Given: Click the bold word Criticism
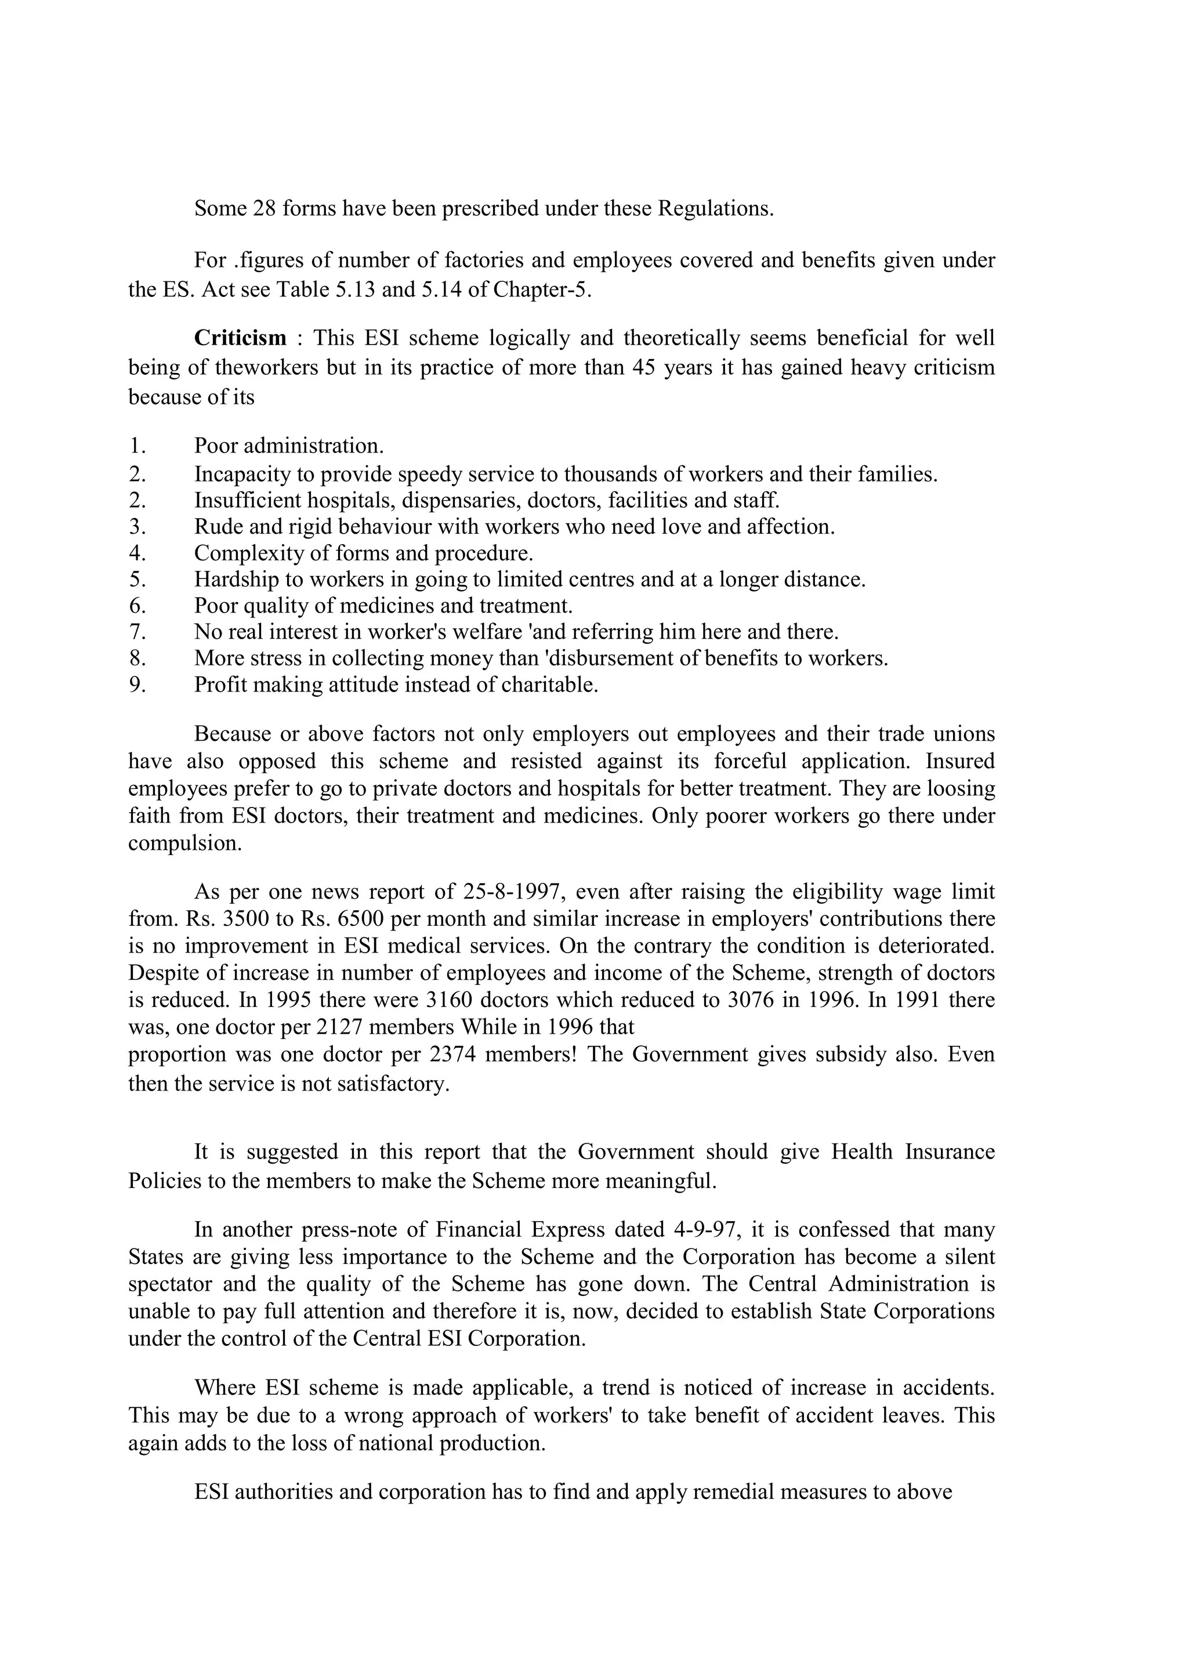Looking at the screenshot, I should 240,338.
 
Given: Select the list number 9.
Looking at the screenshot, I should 137,685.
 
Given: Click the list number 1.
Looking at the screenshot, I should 137,445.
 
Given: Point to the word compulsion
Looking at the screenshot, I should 184,843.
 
